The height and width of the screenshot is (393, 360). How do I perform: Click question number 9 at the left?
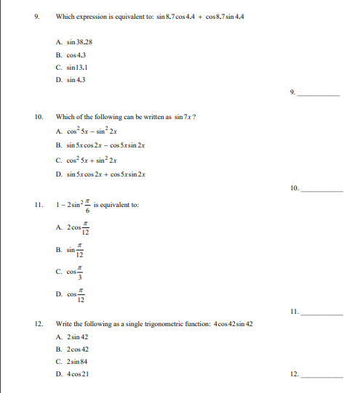(x=37, y=16)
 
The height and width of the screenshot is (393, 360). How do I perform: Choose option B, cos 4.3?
(x=74, y=54)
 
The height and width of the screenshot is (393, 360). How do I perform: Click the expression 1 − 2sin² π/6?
(x=76, y=205)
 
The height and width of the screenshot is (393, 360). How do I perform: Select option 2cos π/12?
(x=77, y=229)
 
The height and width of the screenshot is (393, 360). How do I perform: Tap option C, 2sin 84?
(x=76, y=361)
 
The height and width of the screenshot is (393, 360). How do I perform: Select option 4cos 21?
(x=76, y=373)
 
